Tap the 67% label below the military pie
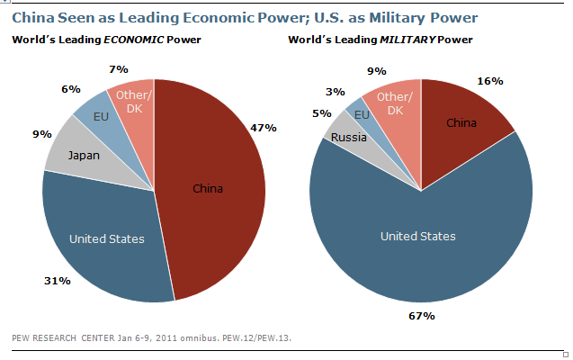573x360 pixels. (422, 315)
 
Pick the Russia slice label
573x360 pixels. (348, 138)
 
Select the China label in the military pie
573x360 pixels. (461, 121)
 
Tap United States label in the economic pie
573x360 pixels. (108, 238)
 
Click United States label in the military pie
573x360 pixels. (418, 236)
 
